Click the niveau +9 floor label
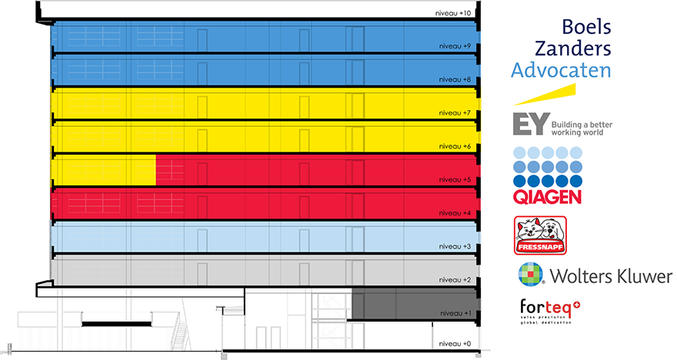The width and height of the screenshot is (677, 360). pyautogui.click(x=455, y=46)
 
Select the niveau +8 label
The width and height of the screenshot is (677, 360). pyautogui.click(x=455, y=79)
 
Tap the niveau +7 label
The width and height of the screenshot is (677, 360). pyautogui.click(x=455, y=112)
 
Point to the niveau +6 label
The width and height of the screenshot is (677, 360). pyautogui.click(x=455, y=146)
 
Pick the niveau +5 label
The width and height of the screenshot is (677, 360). pyautogui.click(x=455, y=179)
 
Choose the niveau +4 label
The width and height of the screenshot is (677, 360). pyautogui.click(x=455, y=212)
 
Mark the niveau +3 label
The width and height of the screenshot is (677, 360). pyautogui.click(x=455, y=246)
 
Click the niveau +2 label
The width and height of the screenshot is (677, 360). pyautogui.click(x=455, y=280)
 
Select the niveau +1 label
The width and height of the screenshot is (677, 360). pyautogui.click(x=455, y=313)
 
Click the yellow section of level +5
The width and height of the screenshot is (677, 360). pyautogui.click(x=103, y=170)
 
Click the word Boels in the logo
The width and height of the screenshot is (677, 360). pyautogui.click(x=586, y=27)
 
